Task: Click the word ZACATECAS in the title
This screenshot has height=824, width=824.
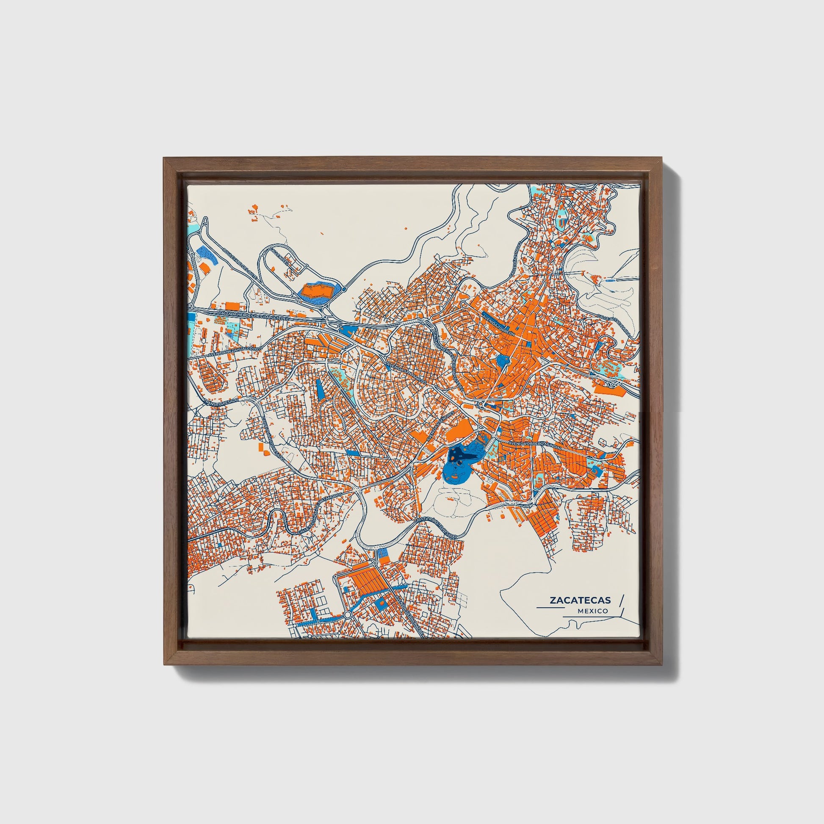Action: [x=580, y=600]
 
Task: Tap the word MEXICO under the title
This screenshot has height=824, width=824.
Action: [x=593, y=611]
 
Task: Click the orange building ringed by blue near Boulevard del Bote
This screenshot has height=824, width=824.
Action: [x=316, y=292]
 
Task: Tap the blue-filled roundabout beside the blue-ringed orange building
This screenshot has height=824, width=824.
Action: [x=344, y=290]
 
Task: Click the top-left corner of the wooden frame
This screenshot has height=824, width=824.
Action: [x=164, y=158]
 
